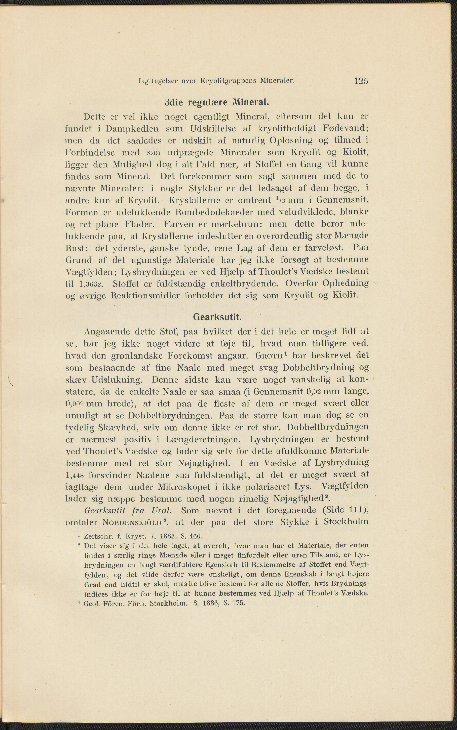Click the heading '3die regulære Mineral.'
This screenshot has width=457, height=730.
[x=217, y=103]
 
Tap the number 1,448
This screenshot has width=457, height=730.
[x=76, y=475]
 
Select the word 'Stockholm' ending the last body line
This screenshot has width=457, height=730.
[x=346, y=522]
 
